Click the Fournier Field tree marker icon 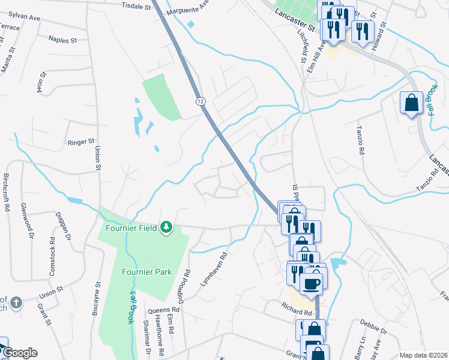tap(166, 227)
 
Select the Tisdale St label tap(137, 7)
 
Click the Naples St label tap(64, 40)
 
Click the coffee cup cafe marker tap(310, 283)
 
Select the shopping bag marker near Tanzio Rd tap(412, 103)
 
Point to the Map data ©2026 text tap(423, 355)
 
